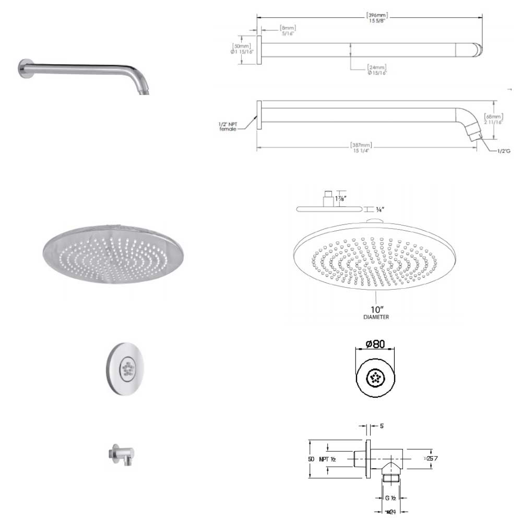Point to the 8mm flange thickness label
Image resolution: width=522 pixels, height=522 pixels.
point(288,30)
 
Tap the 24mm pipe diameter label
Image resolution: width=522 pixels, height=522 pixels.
point(376,70)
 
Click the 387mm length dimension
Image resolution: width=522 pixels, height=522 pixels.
point(365,148)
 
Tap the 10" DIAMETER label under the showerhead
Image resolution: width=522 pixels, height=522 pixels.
point(376,313)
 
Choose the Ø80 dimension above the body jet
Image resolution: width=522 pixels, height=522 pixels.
point(375,345)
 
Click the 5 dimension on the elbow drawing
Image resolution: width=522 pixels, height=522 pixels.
point(382,426)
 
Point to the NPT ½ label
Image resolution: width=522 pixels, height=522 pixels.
point(327,458)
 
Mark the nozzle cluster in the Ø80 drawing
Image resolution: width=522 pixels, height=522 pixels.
point(375,377)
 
